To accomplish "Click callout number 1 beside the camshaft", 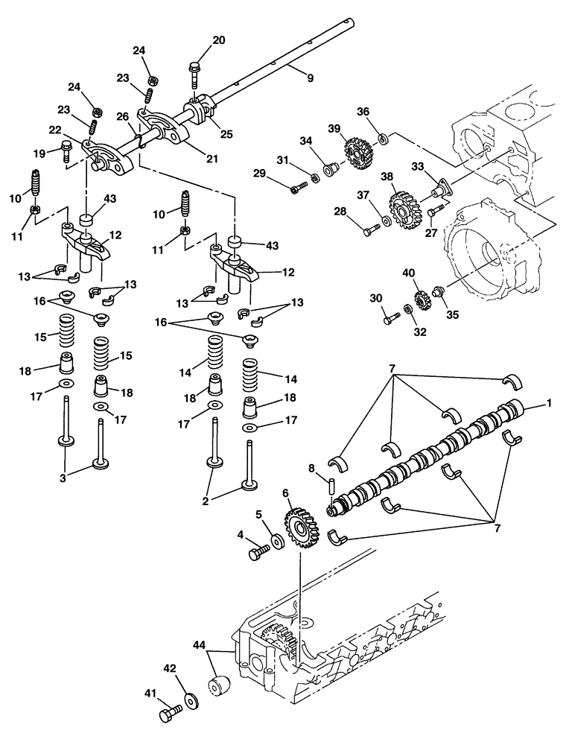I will (550, 403).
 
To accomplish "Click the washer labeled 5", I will (276, 539).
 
